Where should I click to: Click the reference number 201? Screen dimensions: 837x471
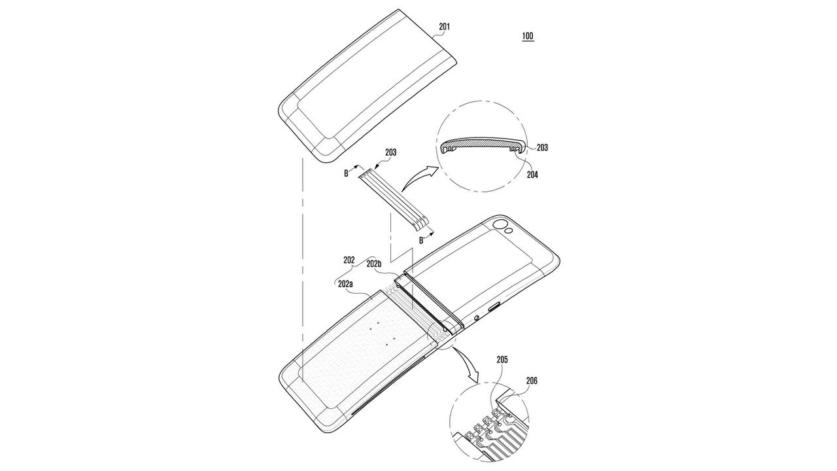(444, 27)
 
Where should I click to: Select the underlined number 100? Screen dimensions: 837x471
(528, 36)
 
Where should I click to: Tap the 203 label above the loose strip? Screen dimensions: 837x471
(390, 152)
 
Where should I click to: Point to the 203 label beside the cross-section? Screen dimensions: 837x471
(542, 148)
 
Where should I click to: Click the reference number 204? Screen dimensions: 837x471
(532, 175)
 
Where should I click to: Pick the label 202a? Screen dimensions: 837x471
(345, 284)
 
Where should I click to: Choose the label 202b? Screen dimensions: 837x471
(373, 264)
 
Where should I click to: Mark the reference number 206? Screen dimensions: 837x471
(532, 381)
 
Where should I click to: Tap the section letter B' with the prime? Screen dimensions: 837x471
(422, 240)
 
